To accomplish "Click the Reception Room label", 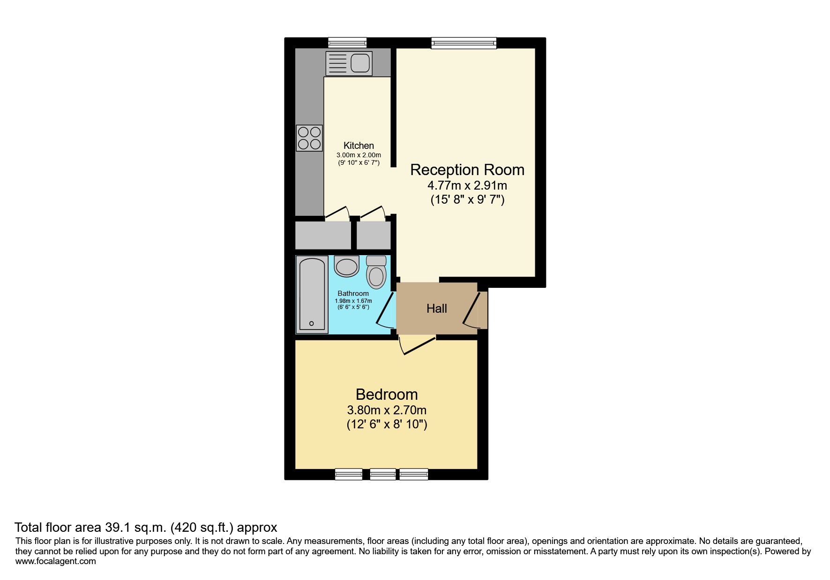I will coord(467,169).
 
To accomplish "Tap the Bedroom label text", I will coord(386,394).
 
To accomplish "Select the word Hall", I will coord(436,308).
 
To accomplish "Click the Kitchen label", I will coord(359,146).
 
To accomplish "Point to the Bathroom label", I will coord(353,294).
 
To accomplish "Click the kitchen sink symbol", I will coord(349,63).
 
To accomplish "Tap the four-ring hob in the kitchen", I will coord(309,138).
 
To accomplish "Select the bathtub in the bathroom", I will coord(312,294).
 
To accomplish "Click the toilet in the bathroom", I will coord(376,272).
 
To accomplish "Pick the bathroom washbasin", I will coord(346,266).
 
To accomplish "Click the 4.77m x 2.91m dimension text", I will coord(467,185).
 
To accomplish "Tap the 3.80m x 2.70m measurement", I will coord(386,410).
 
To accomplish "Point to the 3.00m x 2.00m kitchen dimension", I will coord(359,155).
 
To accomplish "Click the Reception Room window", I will coord(464,43).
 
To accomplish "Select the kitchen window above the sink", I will coord(347,43).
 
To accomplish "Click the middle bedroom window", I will coord(382,474).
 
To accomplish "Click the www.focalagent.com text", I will coord(55,561).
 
